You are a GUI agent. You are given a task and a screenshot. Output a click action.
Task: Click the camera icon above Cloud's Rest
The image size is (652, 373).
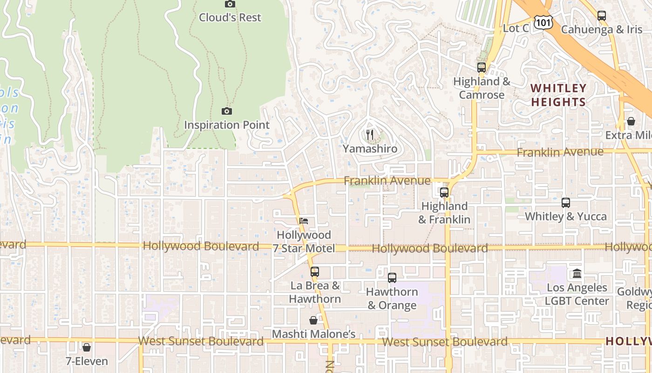tap(230, 4)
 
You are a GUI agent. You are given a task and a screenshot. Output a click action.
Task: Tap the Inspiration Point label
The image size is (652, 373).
tap(227, 125)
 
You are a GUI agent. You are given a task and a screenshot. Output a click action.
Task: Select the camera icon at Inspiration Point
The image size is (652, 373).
tap(227, 111)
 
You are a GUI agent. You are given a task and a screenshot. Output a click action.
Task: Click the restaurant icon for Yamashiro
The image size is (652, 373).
tap(370, 135)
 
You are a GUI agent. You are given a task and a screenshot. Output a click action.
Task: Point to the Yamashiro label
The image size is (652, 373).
tap(370, 149)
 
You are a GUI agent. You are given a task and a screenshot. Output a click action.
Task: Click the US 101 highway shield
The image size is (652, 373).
tap(543, 21)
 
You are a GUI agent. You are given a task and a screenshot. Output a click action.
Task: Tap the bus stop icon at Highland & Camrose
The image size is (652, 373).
tap(482, 68)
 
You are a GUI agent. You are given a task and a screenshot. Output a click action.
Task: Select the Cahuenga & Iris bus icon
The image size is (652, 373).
tap(602, 16)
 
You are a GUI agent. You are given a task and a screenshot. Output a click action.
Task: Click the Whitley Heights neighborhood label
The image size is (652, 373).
tap(558, 95)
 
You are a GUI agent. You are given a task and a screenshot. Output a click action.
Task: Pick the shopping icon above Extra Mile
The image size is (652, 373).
tap(631, 121)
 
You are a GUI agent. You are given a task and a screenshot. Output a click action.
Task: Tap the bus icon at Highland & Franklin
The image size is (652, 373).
tap(444, 192)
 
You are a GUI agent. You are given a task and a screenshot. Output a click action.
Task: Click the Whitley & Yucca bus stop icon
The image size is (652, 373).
tap(566, 203)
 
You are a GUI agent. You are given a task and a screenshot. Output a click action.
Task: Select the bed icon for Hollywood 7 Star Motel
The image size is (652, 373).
tap(304, 221)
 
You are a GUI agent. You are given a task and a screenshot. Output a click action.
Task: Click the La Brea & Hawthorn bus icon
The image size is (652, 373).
tap(315, 272)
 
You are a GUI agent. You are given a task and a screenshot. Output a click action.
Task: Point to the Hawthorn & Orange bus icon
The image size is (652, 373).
tap(392, 278)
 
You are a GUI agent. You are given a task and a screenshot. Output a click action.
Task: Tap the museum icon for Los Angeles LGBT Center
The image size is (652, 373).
tap(577, 273)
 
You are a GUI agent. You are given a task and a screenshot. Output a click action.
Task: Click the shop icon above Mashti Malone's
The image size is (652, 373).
tap(313, 320)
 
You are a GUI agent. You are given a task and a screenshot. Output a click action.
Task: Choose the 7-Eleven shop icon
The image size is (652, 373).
tap(86, 347)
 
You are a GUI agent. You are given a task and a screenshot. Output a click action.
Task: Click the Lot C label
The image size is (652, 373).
tap(516, 28)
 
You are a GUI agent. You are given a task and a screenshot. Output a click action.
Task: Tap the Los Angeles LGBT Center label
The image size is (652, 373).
tap(577, 294)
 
